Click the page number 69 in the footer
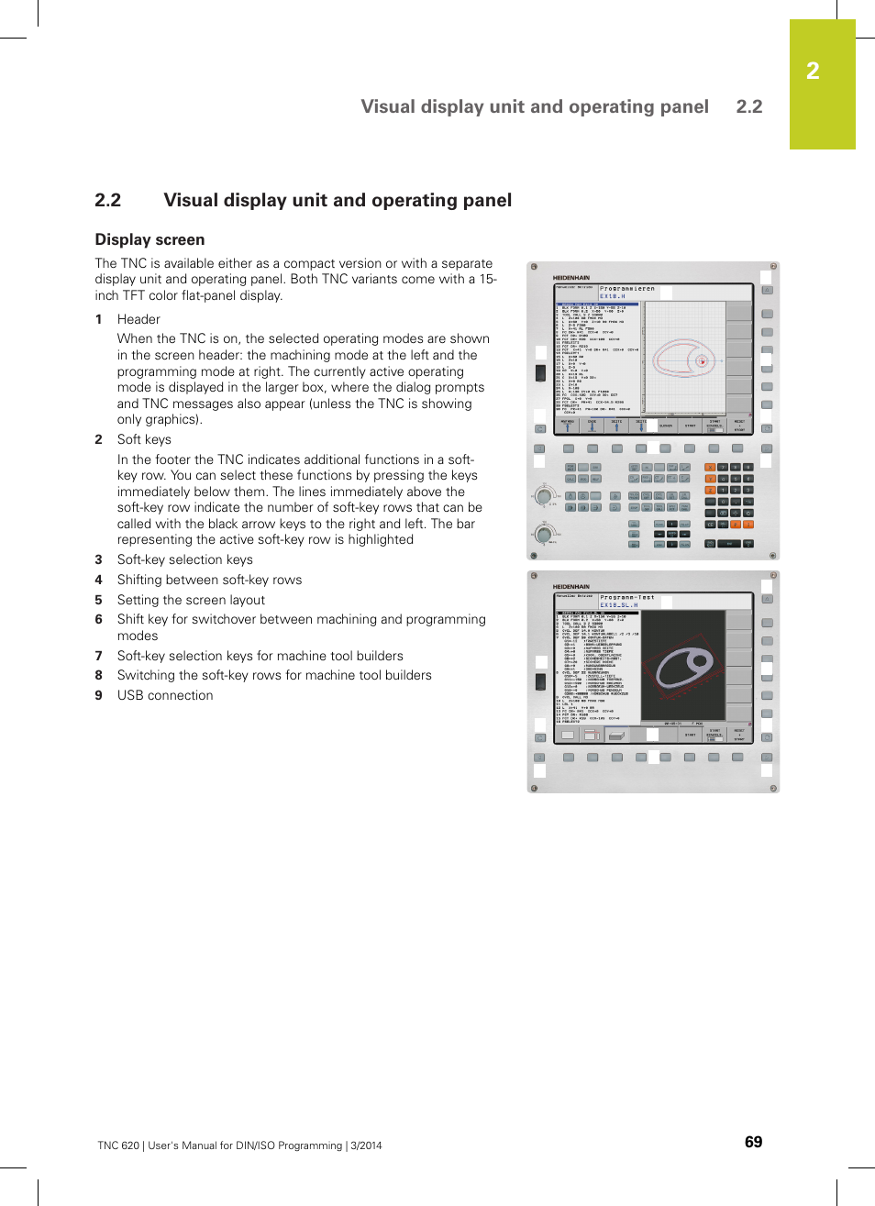[753, 1142]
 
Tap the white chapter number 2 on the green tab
[813, 72]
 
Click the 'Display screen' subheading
[150, 239]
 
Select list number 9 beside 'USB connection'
[98, 695]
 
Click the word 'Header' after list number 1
[138, 319]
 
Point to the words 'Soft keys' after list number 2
[144, 439]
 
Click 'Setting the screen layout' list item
[191, 600]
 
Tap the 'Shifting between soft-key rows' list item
[209, 580]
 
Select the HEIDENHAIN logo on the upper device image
[571, 277]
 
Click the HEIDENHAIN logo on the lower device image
[571, 586]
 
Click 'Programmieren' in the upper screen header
[627, 289]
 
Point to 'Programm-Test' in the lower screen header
[627, 597]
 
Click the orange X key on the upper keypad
[710, 467]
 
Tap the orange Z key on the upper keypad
[710, 491]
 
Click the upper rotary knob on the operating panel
[544, 498]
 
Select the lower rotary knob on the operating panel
[544, 534]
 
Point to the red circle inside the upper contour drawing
[703, 361]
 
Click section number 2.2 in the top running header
[748, 106]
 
